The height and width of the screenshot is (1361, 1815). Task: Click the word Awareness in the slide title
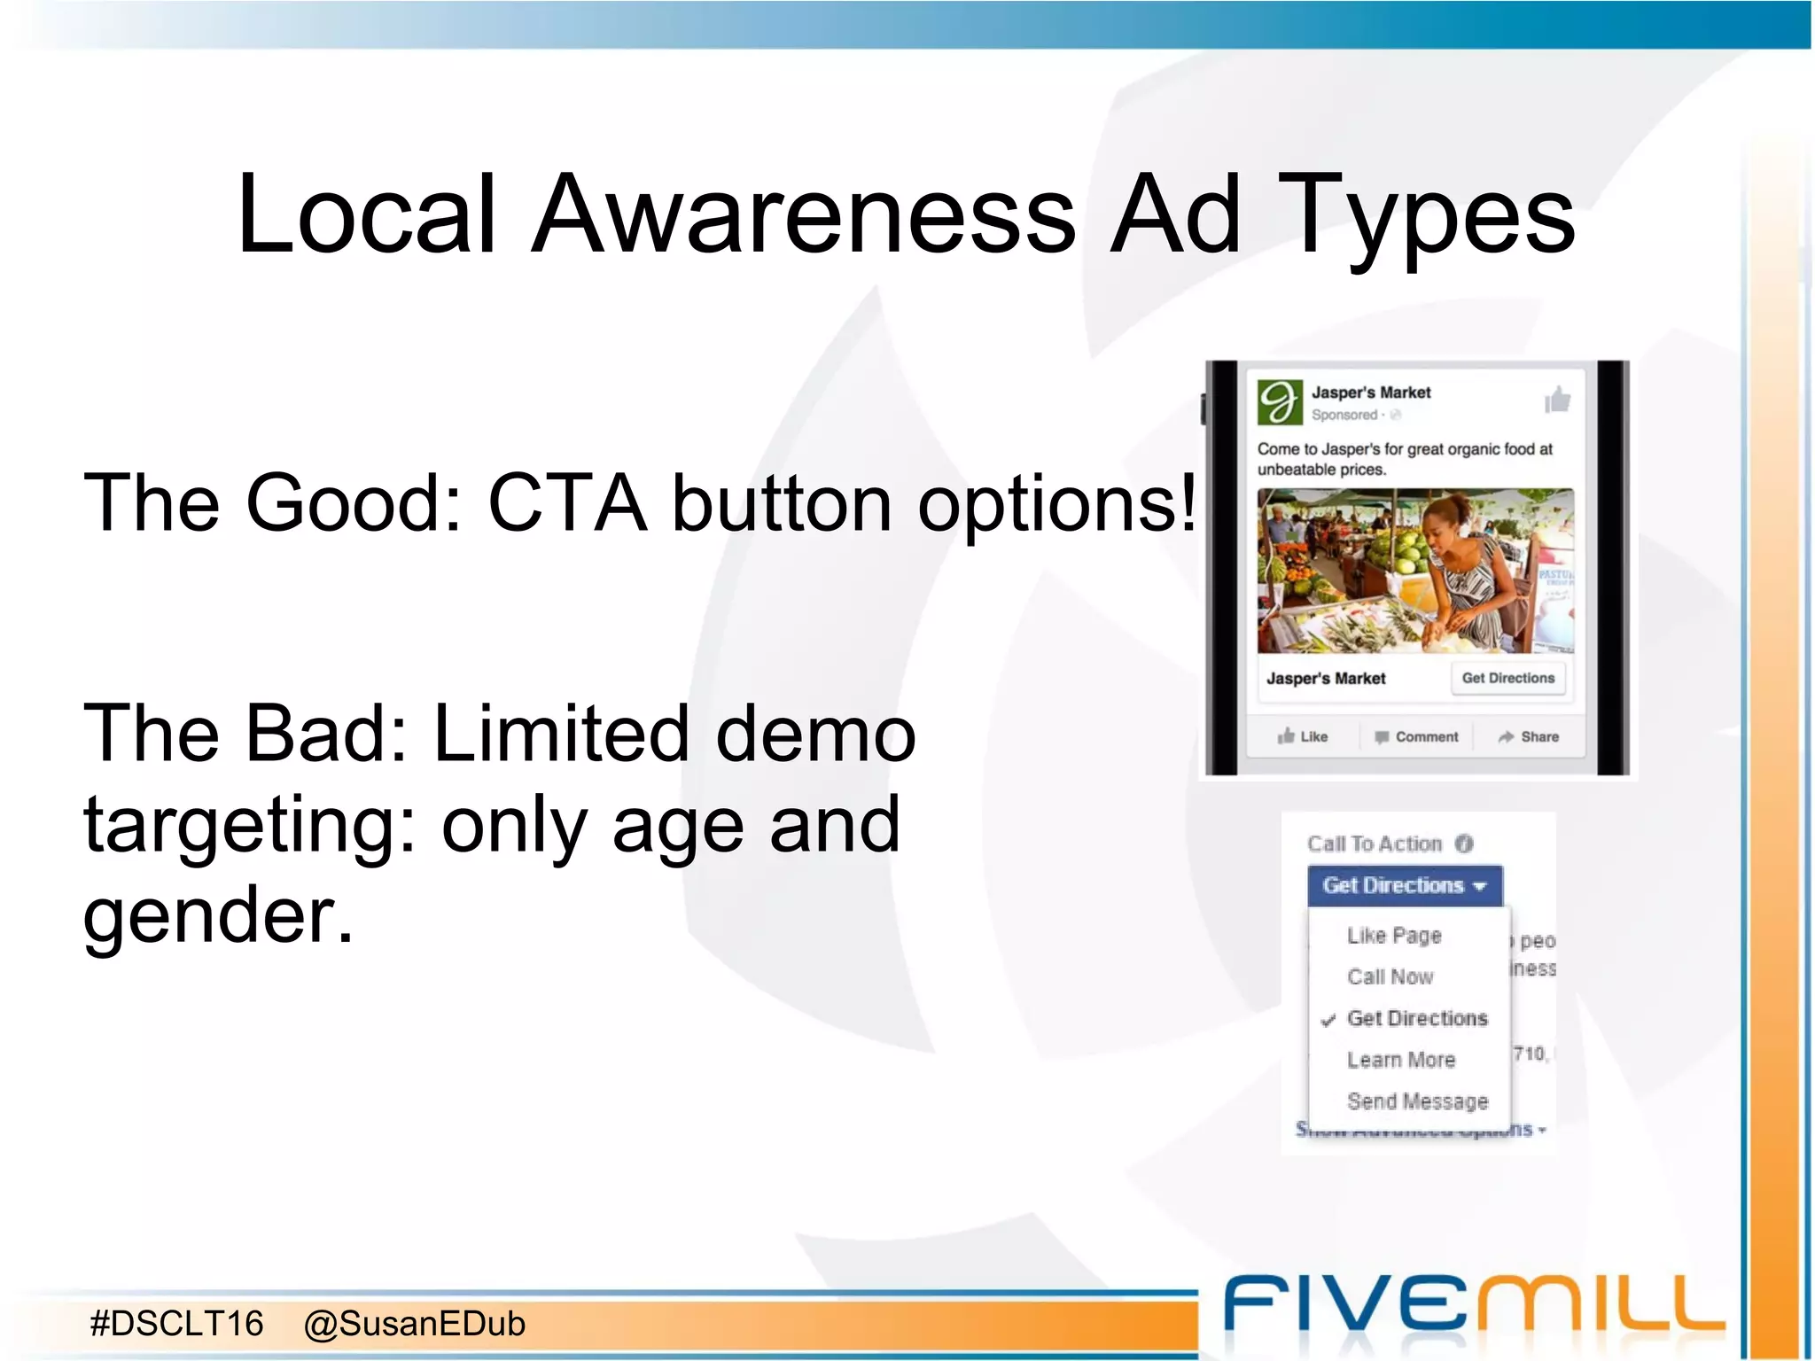click(805, 215)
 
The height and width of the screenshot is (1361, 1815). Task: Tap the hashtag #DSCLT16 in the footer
click(177, 1324)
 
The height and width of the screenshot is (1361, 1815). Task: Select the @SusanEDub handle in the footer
click(415, 1324)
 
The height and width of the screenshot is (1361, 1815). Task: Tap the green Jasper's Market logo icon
click(1280, 402)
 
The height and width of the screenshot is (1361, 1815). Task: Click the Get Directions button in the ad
click(1507, 679)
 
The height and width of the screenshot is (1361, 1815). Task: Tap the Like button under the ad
click(1303, 736)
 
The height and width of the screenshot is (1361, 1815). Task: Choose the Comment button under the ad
click(1416, 736)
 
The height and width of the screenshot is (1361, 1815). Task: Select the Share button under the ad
click(1529, 736)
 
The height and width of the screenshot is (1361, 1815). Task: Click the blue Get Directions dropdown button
click(1404, 885)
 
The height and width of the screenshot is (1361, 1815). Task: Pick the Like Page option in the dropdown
click(1394, 936)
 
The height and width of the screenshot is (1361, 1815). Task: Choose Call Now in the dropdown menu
click(1390, 976)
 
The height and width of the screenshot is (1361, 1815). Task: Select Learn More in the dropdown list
click(1401, 1060)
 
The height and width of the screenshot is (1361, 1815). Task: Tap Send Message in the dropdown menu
click(1417, 1101)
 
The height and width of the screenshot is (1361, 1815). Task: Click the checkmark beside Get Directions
click(1328, 1020)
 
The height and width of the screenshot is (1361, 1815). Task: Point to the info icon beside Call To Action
click(1464, 844)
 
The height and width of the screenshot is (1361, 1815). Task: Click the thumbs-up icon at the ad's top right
click(1557, 401)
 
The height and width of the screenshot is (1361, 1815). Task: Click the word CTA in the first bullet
click(567, 503)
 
